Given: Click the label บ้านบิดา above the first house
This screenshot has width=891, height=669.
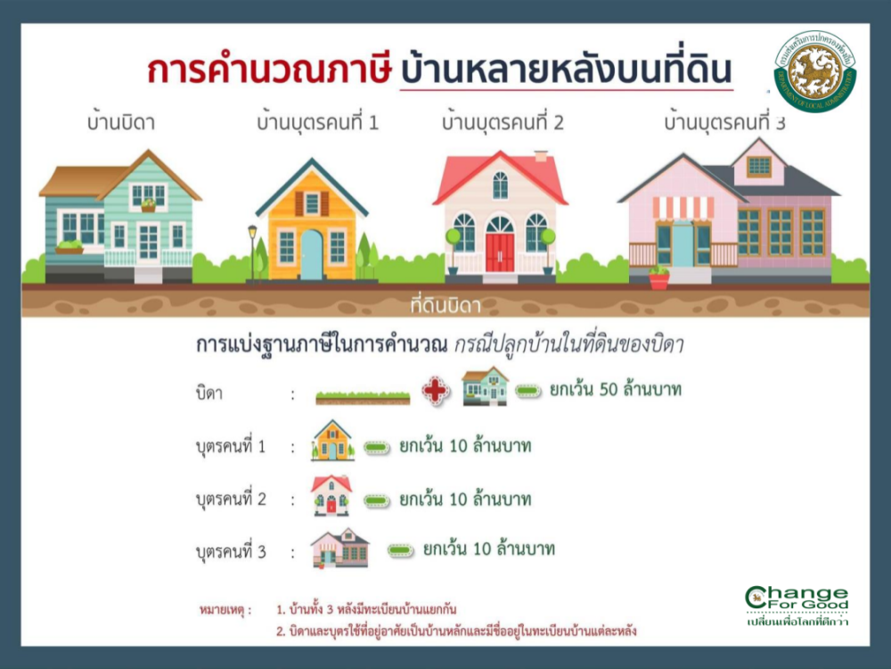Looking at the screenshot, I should (x=120, y=122).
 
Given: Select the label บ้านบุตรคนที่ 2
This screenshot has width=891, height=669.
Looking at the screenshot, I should (x=503, y=122).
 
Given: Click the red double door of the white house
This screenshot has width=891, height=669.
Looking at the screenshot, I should (x=500, y=252).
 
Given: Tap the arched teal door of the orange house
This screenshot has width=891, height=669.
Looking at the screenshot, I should (x=312, y=254).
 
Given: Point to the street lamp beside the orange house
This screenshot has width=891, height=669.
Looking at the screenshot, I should (x=252, y=251).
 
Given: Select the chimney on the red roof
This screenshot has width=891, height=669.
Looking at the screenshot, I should (x=540, y=156).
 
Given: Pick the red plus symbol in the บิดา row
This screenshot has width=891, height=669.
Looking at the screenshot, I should (x=436, y=391).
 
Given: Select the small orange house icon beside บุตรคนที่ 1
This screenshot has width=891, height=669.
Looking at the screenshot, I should (x=332, y=441).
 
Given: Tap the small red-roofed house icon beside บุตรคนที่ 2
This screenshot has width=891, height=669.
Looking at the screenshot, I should (x=331, y=495).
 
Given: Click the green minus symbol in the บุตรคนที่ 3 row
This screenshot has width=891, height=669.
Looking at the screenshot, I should (x=400, y=549).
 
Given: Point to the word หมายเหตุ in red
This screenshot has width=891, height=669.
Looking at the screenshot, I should (x=225, y=611).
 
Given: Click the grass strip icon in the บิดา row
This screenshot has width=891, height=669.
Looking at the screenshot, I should (x=363, y=397).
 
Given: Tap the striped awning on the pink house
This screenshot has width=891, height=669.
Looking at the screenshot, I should (x=683, y=208).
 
